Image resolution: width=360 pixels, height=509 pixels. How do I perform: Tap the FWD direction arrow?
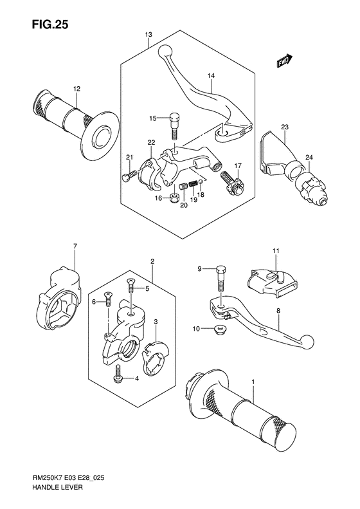coord(284,61)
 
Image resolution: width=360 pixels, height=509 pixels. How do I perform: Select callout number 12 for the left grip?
coord(76,89)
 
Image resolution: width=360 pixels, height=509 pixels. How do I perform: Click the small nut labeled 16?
coord(174,198)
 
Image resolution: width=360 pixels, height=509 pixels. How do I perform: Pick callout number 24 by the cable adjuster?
coord(309,158)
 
